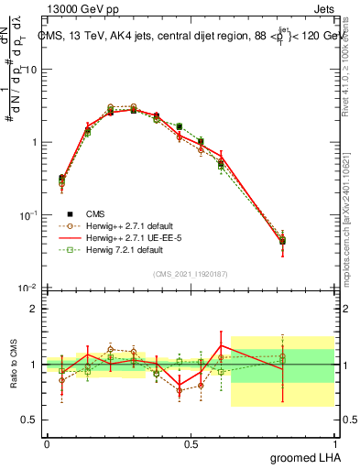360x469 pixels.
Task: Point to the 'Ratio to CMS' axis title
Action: [14, 365]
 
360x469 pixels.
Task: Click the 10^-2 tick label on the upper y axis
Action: [27, 288]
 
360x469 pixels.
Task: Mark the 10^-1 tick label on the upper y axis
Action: [27, 215]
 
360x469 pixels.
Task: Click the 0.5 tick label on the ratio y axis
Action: [29, 420]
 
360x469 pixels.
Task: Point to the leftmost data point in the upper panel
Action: [61, 180]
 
